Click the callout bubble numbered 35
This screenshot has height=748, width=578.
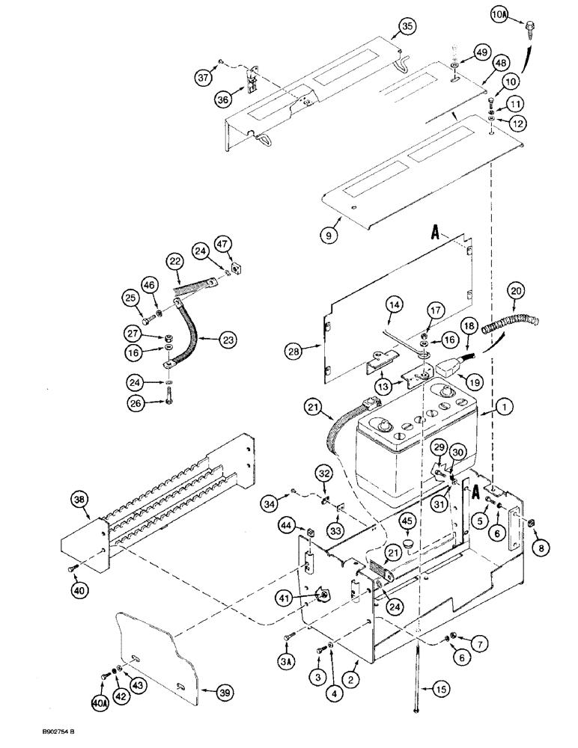coord(405,28)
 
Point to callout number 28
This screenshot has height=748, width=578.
coord(294,349)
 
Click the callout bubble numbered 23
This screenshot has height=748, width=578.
coord(226,340)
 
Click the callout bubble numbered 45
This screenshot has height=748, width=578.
coord(407,521)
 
